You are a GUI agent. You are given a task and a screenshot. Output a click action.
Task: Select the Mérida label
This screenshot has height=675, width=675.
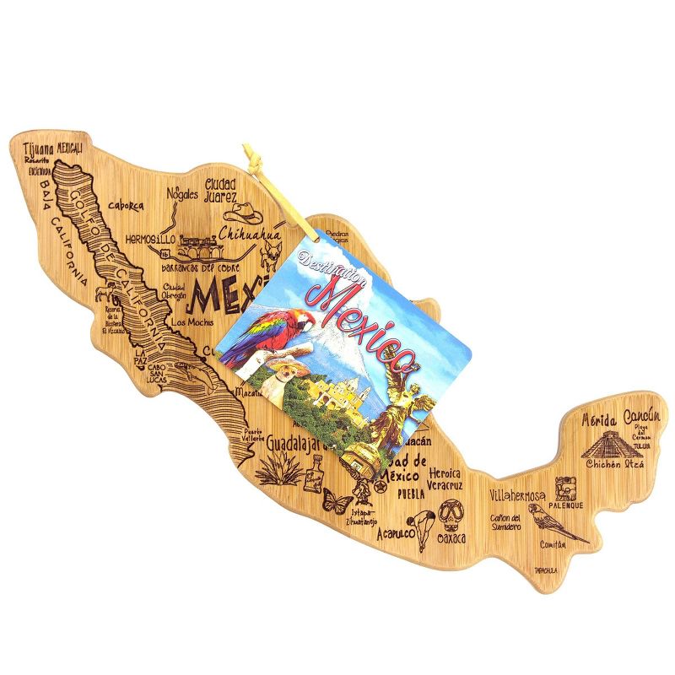(600, 419)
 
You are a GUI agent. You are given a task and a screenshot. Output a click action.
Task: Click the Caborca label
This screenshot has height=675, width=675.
(127, 205)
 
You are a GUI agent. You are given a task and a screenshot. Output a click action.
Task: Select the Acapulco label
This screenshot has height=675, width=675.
(396, 533)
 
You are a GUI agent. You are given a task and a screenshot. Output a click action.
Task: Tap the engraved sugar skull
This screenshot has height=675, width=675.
(452, 512)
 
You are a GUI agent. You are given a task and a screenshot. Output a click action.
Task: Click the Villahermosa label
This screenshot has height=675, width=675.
(517, 495)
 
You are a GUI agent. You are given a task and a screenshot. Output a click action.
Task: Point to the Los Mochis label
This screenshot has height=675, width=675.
(190, 322)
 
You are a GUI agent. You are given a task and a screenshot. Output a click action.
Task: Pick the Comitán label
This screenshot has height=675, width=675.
(553, 545)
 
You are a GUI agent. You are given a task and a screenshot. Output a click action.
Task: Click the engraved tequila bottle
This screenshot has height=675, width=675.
(316, 474)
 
